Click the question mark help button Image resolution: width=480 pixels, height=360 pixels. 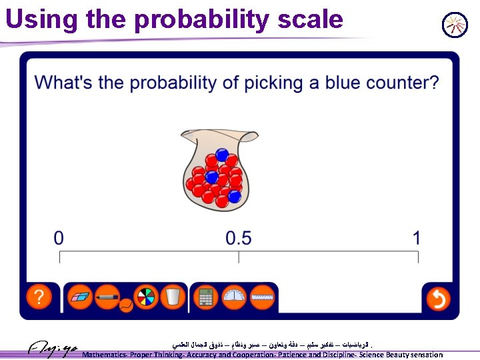coord(40,297)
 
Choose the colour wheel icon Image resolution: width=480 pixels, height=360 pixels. coord(145,297)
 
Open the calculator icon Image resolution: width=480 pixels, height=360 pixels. coord(206,297)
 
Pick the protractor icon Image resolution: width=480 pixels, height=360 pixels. coord(234,297)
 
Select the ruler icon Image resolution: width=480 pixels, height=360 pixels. coord(263,297)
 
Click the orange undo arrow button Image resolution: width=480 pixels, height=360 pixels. coord(438,298)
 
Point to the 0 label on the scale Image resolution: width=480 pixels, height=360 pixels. coord(59,237)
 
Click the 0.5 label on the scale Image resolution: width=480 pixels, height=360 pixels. coord(239,237)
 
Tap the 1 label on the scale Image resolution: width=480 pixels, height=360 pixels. coord(417,237)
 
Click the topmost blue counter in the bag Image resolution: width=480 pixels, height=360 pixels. coord(222,155)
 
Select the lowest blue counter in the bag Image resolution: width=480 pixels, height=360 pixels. coord(235,196)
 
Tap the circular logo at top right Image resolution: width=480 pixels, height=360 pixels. coord(455,25)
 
